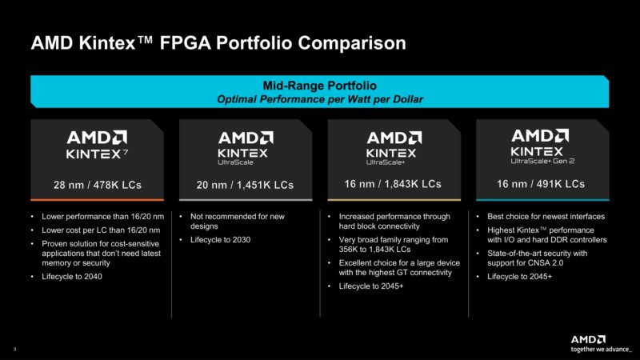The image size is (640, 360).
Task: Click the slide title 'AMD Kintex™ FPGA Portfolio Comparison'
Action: tap(218, 42)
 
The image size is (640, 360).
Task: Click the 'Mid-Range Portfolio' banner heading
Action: tap(319, 85)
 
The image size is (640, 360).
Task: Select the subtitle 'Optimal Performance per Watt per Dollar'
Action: tap(319, 98)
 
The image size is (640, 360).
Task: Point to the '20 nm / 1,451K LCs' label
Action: tap(245, 185)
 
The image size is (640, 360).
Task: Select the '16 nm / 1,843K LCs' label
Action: tap(392, 184)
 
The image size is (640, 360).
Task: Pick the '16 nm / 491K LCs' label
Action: tap(542, 184)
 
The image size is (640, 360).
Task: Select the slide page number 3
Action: tap(14, 350)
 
